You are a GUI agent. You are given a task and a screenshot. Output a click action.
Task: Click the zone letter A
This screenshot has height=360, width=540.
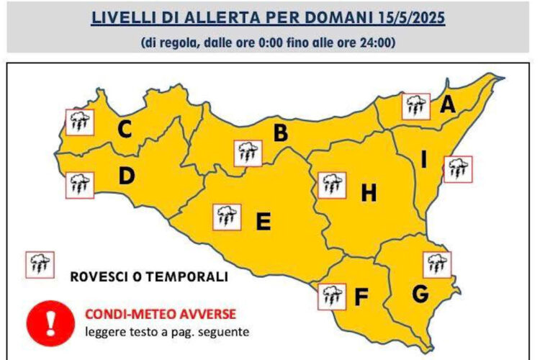pyautogui.click(x=448, y=105)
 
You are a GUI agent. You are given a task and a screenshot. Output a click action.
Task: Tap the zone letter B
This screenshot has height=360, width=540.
pyautogui.click(x=280, y=133)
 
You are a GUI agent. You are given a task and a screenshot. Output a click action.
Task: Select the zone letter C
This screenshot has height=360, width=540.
pyautogui.click(x=125, y=130)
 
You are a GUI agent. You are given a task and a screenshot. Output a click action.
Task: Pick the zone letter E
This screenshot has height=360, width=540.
pyautogui.click(x=264, y=222)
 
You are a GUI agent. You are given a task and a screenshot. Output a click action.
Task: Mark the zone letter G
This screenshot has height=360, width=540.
pyautogui.click(x=420, y=294)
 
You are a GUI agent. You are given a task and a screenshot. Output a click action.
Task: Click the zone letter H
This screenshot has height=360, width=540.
pyautogui.click(x=368, y=193)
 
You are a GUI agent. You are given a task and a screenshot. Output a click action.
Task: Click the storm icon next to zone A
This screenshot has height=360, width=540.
pyautogui.click(x=415, y=106)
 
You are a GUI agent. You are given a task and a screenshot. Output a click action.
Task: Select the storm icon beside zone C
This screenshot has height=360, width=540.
pyautogui.click(x=78, y=122)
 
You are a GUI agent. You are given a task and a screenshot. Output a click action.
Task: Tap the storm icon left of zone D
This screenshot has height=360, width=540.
pyautogui.click(x=79, y=185)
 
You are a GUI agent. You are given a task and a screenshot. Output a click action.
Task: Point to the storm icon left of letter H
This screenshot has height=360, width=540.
pyautogui.click(x=330, y=184)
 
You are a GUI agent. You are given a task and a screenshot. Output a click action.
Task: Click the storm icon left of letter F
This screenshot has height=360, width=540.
pyautogui.click(x=330, y=295)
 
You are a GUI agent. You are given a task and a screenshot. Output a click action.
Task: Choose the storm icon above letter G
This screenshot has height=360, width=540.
pyautogui.click(x=435, y=264)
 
